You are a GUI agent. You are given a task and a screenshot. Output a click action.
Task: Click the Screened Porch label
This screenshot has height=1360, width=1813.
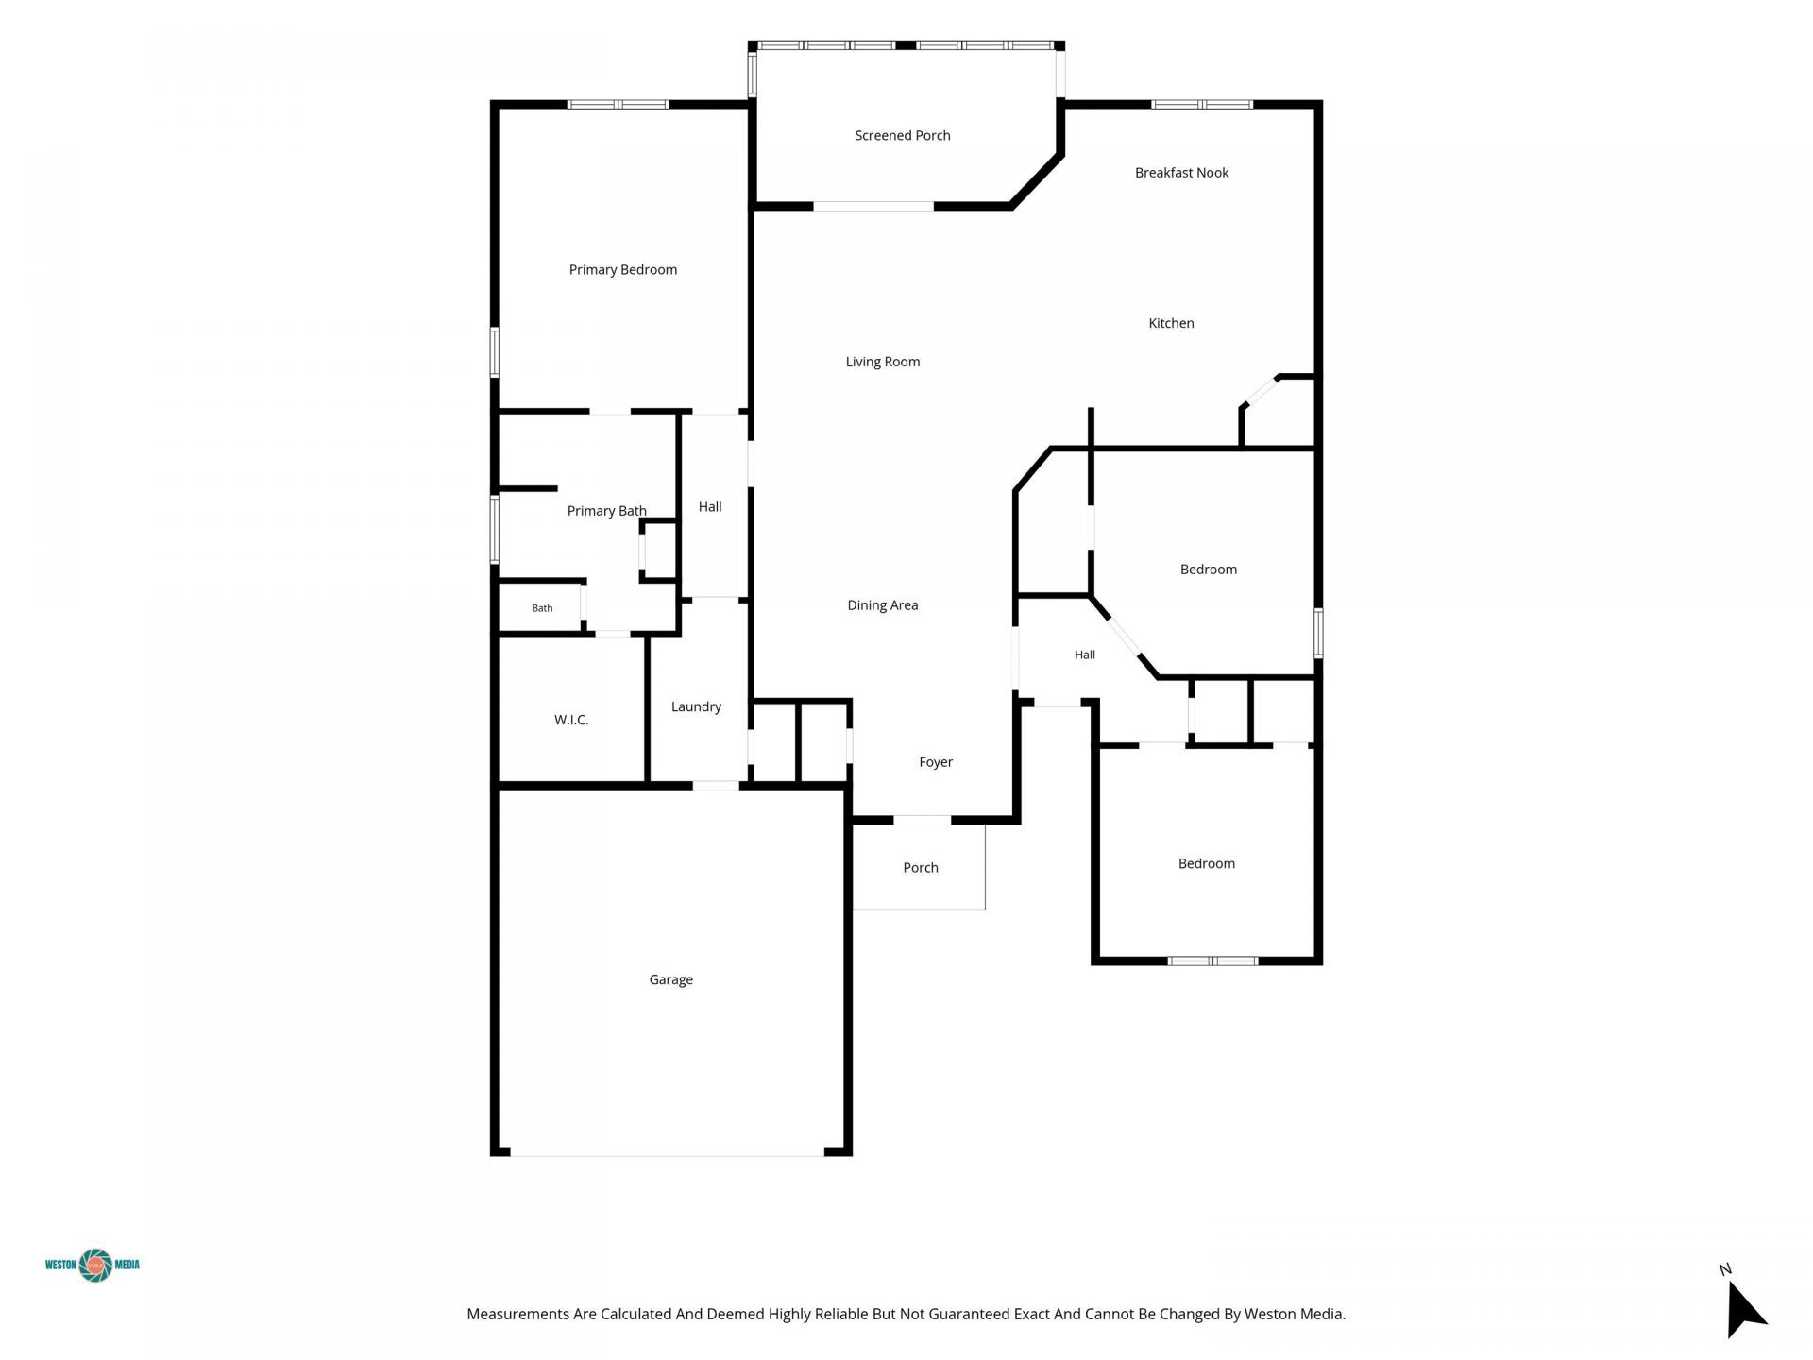pyautogui.click(x=902, y=136)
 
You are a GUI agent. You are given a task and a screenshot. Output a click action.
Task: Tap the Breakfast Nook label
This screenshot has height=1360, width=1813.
pyautogui.click(x=1181, y=173)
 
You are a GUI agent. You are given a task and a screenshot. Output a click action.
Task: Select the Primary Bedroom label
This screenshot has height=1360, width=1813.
pyautogui.click(x=622, y=270)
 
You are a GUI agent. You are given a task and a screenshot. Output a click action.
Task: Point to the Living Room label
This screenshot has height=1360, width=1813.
pyautogui.click(x=882, y=362)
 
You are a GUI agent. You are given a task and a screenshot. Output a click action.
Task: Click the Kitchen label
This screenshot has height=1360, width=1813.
pyautogui.click(x=1171, y=323)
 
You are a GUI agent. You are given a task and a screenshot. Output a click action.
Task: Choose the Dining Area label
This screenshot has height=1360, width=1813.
pyautogui.click(x=882, y=605)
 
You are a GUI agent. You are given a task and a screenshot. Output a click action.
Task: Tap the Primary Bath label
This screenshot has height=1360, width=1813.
pyautogui.click(x=606, y=511)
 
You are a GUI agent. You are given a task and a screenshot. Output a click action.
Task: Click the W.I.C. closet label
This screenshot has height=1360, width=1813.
pyautogui.click(x=571, y=720)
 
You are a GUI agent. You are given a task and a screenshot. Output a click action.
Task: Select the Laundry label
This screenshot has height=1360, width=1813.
pyautogui.click(x=696, y=706)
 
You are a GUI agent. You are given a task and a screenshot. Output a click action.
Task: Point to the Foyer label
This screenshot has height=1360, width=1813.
pyautogui.click(x=936, y=762)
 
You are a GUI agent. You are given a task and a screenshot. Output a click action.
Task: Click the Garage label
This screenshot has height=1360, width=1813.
pyautogui.click(x=670, y=980)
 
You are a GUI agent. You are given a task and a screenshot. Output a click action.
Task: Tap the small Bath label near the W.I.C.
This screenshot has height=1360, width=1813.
pyautogui.click(x=542, y=608)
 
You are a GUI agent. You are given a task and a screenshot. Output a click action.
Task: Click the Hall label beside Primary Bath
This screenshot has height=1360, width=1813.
pyautogui.click(x=710, y=507)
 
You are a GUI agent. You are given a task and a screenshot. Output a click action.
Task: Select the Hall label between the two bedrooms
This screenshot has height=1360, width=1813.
pyautogui.click(x=1084, y=654)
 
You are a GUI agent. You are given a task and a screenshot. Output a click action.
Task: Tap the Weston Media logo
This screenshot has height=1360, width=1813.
pyautogui.click(x=93, y=1266)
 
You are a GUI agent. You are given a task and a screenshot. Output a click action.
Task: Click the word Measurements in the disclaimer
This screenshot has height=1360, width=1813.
pyautogui.click(x=518, y=1314)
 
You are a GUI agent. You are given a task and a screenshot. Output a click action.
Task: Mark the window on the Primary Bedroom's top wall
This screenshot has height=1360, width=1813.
pyautogui.click(x=618, y=104)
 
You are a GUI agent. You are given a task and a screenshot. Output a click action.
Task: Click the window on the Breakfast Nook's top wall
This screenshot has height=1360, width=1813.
pyautogui.click(x=1201, y=104)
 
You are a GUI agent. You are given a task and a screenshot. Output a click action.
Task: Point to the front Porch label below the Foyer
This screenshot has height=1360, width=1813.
pyautogui.click(x=921, y=868)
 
